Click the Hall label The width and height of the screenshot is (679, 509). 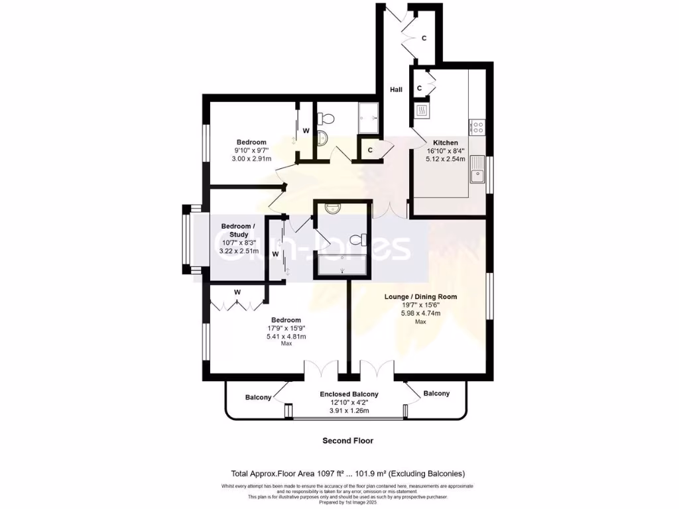coord(396,90)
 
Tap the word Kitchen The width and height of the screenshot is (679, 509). coord(446,142)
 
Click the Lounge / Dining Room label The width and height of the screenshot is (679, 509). coord(420,297)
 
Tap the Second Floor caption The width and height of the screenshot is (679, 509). coord(347,440)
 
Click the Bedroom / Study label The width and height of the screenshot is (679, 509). coord(235,230)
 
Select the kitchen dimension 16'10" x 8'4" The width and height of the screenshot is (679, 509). coord(446,151)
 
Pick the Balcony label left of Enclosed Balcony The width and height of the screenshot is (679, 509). coord(258,398)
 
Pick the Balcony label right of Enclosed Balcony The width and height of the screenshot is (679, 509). coord(436,394)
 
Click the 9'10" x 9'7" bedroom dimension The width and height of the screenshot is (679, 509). coord(251,151)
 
